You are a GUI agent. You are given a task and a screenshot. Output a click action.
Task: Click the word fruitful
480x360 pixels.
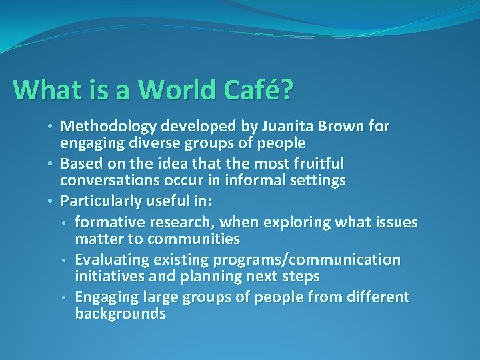point(318,163)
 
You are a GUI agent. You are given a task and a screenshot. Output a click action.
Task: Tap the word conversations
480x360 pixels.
point(110,181)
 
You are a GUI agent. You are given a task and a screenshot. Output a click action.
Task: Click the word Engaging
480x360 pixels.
point(107,296)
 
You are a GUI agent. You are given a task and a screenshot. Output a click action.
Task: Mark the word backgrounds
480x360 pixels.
point(121,313)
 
